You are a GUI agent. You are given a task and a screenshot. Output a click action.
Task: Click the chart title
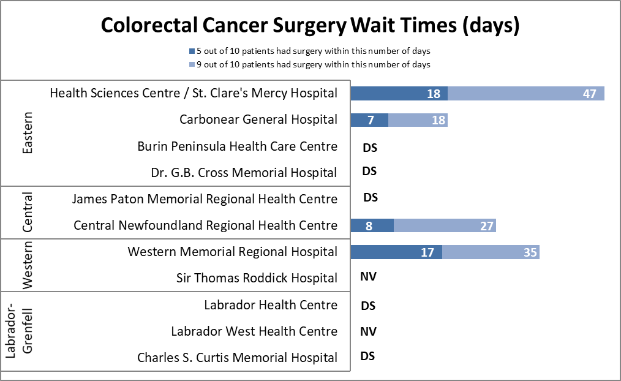point(310,26)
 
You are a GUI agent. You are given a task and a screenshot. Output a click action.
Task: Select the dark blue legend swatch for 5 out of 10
point(191,51)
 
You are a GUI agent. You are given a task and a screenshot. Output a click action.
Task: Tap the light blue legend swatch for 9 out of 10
point(191,64)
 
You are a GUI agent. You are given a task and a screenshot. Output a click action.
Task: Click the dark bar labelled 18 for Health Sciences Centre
point(399,93)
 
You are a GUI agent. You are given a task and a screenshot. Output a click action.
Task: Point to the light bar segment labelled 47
point(526,93)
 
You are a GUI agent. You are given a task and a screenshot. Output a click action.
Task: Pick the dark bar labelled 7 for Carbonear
point(369,119)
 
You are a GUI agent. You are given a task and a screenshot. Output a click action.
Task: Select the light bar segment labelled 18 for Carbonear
point(418,119)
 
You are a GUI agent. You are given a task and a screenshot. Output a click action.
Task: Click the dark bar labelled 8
point(372,225)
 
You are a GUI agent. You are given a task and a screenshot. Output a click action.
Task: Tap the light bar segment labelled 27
point(445,225)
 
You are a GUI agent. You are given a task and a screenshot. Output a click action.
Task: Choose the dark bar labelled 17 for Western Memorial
point(396,252)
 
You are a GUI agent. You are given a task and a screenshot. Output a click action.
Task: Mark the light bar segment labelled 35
point(491,252)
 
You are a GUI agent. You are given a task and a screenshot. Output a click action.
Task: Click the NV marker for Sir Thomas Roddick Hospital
point(368,277)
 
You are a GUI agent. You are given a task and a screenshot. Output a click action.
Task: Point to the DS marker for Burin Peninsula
point(369,147)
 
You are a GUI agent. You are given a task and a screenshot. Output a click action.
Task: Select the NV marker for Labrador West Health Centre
point(368,331)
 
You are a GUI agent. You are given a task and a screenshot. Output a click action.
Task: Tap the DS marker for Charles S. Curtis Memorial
point(367,356)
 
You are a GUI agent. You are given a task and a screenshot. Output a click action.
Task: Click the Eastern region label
point(28,133)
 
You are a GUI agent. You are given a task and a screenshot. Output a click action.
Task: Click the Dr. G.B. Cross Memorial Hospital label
point(244,173)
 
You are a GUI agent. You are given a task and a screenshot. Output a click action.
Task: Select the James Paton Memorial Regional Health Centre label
point(205,199)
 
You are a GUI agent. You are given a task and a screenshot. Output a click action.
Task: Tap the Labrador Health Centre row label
point(271,305)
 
